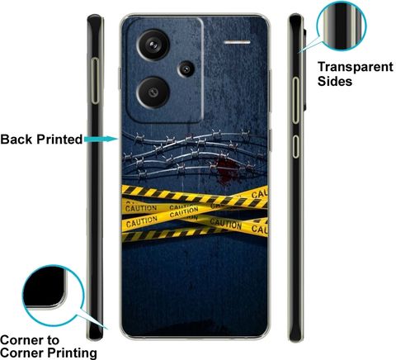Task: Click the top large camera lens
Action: point(153,45)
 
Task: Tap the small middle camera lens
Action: point(186,69)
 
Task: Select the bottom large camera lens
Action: point(153,92)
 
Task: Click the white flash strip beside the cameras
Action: point(237,42)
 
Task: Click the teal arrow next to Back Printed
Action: point(101,139)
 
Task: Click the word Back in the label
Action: point(17,140)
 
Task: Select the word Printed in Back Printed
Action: point(59,140)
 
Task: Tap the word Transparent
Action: point(356,68)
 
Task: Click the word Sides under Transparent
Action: point(335,82)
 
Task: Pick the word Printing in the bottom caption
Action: point(72,353)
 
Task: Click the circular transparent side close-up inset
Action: point(342,26)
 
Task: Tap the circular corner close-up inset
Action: point(53,296)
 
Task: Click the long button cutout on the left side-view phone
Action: point(95,81)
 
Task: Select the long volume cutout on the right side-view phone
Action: point(295,100)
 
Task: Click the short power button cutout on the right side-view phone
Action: point(295,146)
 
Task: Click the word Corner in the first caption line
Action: point(21,340)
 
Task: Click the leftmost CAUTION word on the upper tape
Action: point(141,208)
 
